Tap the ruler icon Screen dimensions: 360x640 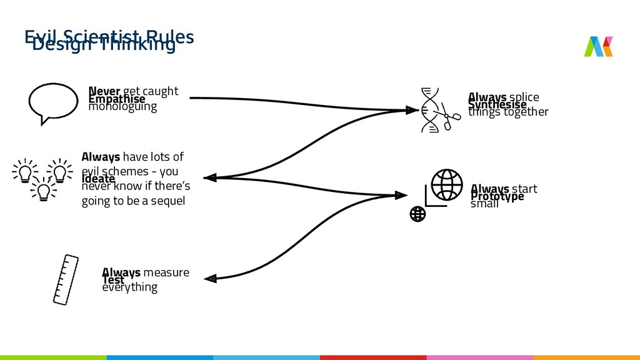pyautogui.click(x=65, y=279)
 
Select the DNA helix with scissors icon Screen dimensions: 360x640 pyautogui.click(x=437, y=111)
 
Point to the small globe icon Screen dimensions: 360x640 pyautogui.click(x=417, y=214)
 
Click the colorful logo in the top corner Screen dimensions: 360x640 pyautogui.click(x=598, y=46)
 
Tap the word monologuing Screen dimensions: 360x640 pyautogui.click(x=122, y=107)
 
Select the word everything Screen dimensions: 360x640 pyautogui.click(x=129, y=287)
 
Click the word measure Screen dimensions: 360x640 pyautogui.click(x=166, y=272)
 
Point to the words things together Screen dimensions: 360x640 pyautogui.click(x=508, y=112)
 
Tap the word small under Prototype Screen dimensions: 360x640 pyautogui.click(x=484, y=204)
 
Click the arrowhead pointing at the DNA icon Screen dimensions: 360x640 pyautogui.click(x=411, y=110)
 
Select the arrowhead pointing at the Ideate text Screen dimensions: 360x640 pyautogui.click(x=211, y=178)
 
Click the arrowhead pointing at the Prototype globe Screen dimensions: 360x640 pyautogui.click(x=400, y=196)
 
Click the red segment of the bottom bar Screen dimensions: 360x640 pyautogui.click(x=373, y=357)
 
